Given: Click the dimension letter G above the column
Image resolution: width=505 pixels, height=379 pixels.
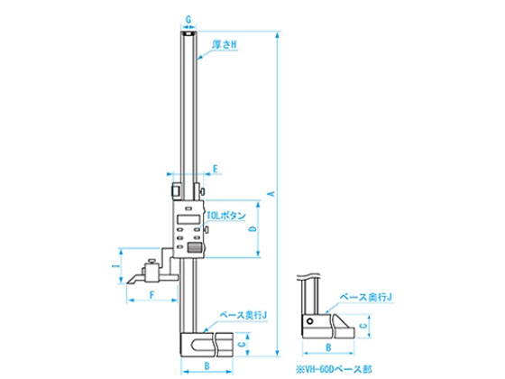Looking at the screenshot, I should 187,18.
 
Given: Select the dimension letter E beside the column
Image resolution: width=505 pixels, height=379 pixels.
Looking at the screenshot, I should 216,169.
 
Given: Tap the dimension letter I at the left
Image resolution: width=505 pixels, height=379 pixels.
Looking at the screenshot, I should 114,266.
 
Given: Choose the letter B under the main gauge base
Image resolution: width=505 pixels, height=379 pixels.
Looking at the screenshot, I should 207,366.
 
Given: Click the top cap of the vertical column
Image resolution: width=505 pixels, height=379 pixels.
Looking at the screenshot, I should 187,32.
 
